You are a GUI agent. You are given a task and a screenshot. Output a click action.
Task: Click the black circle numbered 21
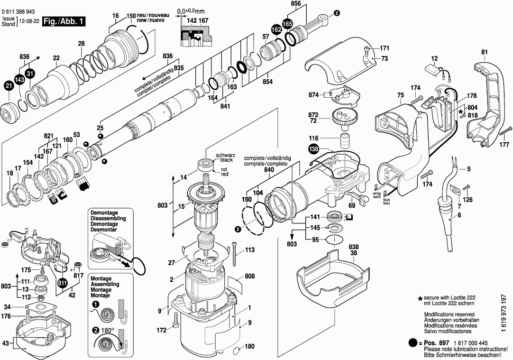(x=9, y=87)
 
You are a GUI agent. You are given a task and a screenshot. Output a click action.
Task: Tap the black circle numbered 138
(x=314, y=149)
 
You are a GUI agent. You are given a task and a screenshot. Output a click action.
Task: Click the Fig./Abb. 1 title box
(x=64, y=22)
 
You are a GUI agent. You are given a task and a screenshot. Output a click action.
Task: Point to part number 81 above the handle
(x=485, y=52)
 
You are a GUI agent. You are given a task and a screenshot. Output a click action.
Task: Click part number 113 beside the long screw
(x=250, y=250)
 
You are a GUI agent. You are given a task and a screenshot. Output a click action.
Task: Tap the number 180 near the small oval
(x=249, y=346)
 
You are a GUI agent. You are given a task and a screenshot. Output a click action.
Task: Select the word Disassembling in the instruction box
(x=108, y=218)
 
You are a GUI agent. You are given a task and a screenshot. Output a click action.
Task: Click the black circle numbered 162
(x=276, y=30)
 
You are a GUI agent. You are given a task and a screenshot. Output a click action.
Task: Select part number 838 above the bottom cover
(x=353, y=247)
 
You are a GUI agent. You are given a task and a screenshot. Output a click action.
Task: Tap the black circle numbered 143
(x=19, y=80)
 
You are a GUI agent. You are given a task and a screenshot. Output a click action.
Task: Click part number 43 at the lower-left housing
(x=6, y=343)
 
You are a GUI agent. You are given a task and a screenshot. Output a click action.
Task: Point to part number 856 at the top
(x=295, y=4)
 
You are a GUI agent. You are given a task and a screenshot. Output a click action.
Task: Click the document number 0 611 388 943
(x=18, y=12)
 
